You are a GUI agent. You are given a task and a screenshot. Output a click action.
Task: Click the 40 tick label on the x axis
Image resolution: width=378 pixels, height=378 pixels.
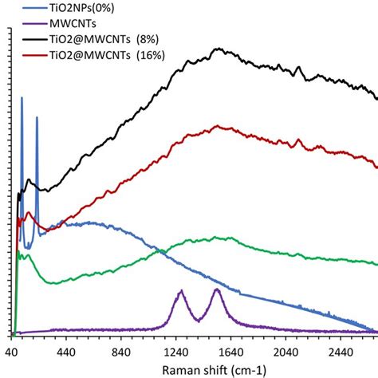click(14, 352)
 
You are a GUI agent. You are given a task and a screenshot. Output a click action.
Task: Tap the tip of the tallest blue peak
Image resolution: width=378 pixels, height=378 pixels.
click(22, 98)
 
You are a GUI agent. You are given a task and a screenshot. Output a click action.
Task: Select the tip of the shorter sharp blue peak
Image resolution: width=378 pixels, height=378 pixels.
click(37, 118)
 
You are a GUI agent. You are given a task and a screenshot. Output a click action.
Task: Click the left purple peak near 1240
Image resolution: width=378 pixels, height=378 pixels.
click(181, 292)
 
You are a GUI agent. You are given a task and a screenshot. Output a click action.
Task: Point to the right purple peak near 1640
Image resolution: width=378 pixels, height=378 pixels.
click(217, 289)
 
